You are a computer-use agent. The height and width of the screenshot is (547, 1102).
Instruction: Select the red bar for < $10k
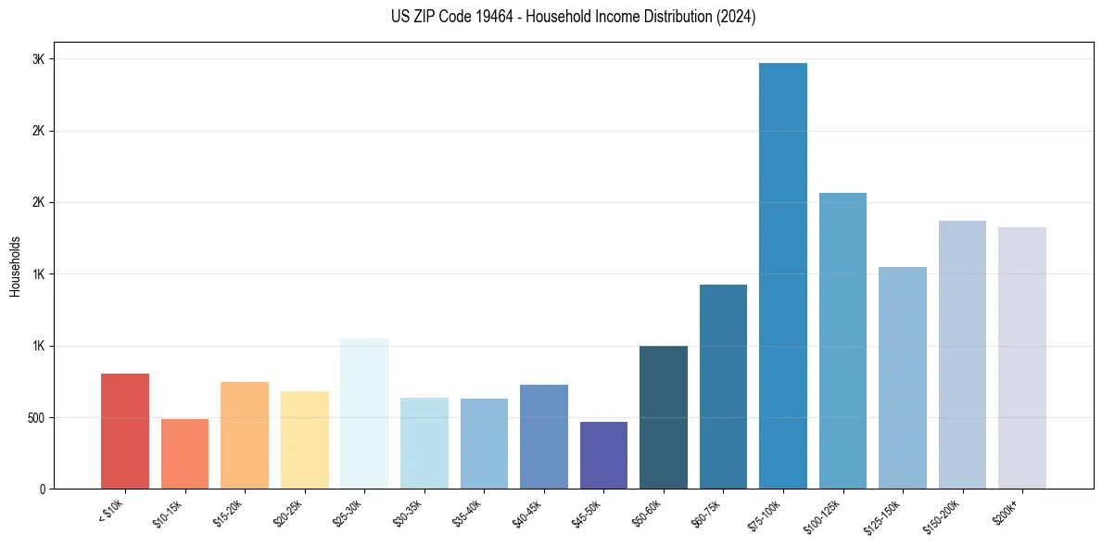point(125,431)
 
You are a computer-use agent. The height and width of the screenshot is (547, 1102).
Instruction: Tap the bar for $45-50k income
point(603,455)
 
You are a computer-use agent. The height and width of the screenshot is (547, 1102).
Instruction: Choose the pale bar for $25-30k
point(364,413)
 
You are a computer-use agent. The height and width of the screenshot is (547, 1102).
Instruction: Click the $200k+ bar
point(1021,358)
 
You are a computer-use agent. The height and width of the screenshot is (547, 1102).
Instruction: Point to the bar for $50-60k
point(664,417)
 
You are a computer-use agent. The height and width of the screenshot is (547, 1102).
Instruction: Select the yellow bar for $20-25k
point(305,439)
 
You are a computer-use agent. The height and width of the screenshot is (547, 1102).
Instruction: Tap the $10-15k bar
point(185,453)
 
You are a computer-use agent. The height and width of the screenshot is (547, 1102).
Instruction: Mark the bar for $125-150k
point(903,378)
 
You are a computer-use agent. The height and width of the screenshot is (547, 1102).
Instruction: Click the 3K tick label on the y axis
point(39,59)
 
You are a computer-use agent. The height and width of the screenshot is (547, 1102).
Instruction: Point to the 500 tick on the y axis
point(35,418)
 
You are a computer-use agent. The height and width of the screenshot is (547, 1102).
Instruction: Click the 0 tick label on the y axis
point(43,490)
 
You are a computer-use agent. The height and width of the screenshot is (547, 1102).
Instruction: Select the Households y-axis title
point(16,266)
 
